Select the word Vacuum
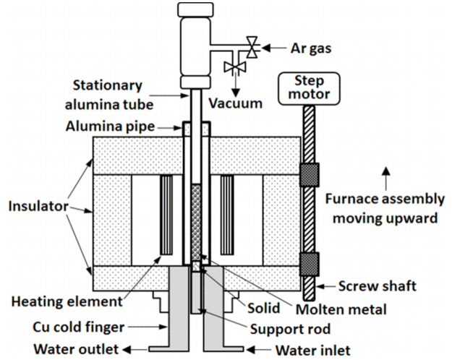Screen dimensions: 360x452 [236, 103]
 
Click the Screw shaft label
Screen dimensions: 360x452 [378, 286]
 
